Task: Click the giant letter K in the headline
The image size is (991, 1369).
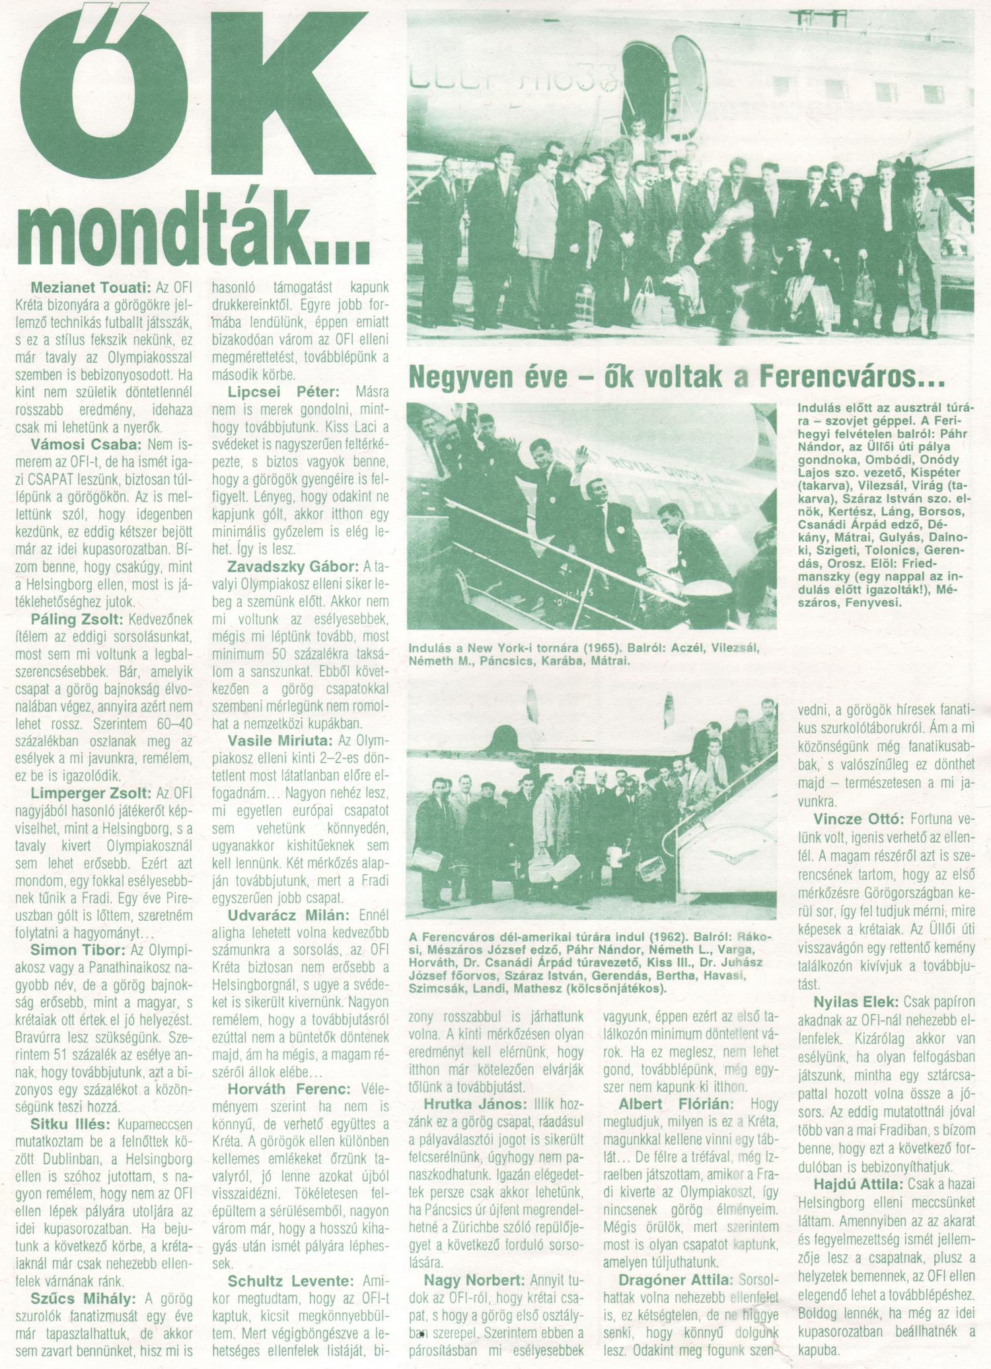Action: pos(297,99)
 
